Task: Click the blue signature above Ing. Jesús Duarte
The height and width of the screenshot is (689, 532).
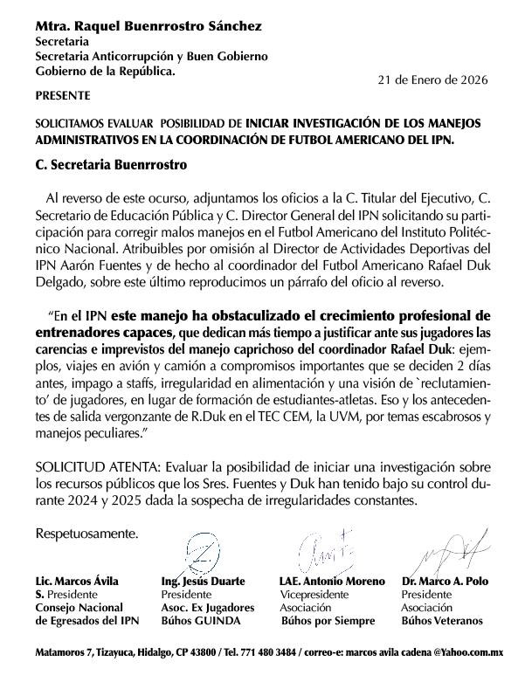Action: [199, 551]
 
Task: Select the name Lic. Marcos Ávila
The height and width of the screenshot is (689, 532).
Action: [77, 581]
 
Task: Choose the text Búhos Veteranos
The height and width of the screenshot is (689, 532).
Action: [441, 620]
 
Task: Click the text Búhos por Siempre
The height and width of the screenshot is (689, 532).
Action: [328, 621]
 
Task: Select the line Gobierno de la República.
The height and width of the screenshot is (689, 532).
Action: [105, 71]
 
